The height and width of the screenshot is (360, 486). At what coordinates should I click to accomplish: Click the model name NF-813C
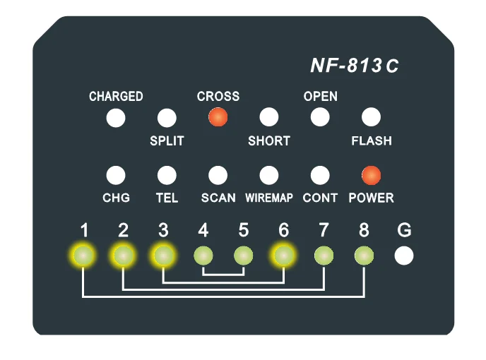(x=355, y=66)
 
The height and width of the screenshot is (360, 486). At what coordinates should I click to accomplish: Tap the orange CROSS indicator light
(x=218, y=117)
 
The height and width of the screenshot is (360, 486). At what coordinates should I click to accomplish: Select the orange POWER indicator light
(x=371, y=175)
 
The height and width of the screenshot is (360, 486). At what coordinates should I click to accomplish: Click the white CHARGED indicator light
(x=116, y=117)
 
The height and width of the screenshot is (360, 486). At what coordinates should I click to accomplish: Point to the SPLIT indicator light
(x=167, y=117)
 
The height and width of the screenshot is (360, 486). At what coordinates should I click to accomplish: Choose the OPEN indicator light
(x=320, y=117)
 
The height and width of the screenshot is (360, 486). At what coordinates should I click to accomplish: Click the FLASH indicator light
(x=371, y=117)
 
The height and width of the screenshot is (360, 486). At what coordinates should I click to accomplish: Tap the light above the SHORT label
(x=269, y=117)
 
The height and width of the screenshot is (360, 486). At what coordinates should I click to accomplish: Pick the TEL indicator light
(x=167, y=175)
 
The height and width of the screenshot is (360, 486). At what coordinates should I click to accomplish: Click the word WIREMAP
(x=269, y=198)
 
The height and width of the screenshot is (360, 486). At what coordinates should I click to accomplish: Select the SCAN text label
(x=218, y=198)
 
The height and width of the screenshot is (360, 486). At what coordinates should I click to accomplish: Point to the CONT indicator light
(x=320, y=175)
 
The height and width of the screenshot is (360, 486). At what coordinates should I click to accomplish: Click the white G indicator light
(x=404, y=256)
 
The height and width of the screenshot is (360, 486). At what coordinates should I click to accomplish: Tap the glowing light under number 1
(x=83, y=256)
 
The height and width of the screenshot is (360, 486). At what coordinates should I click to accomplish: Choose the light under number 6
(x=284, y=256)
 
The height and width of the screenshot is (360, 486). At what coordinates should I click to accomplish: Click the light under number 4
(x=203, y=256)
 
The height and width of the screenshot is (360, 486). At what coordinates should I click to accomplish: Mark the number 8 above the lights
(x=364, y=230)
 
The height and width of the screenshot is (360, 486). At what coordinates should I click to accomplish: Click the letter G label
(x=404, y=230)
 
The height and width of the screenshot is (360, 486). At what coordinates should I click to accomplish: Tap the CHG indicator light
(x=116, y=175)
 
